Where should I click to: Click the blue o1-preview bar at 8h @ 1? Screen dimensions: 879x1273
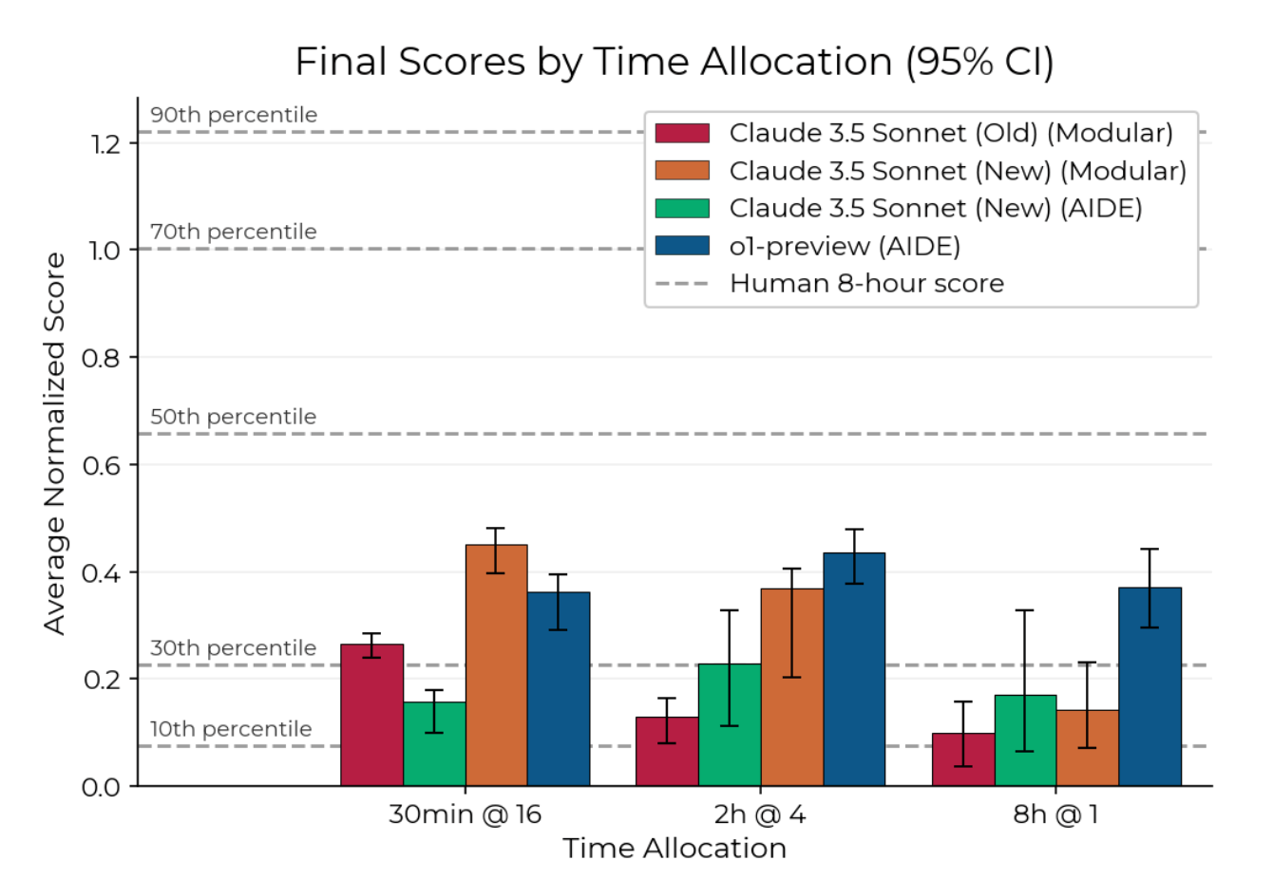click(x=1149, y=687)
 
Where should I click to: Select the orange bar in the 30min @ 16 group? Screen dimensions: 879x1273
click(x=496, y=665)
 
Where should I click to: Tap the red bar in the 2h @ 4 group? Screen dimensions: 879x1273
click(x=667, y=752)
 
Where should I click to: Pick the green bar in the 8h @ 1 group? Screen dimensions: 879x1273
click(x=1025, y=740)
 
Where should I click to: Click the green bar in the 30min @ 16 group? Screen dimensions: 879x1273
click(x=434, y=744)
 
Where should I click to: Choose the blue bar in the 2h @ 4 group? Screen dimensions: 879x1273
click(x=854, y=669)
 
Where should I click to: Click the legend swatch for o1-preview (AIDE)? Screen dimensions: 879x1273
click(x=682, y=246)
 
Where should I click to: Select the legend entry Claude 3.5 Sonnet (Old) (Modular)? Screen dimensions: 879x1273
click(x=950, y=133)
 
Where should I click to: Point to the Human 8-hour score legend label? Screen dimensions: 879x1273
click(x=866, y=284)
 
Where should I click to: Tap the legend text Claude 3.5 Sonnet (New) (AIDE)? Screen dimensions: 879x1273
click(x=935, y=208)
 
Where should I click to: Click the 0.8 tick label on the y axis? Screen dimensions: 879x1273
click(x=101, y=358)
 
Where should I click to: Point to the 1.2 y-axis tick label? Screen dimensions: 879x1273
click(x=101, y=143)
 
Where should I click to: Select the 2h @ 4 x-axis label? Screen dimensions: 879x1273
click(x=760, y=814)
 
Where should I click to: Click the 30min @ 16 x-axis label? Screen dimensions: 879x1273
click(x=465, y=814)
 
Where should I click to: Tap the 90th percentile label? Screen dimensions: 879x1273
click(x=234, y=115)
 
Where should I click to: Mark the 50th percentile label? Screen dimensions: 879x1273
click(x=233, y=417)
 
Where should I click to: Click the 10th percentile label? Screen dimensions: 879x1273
click(x=231, y=729)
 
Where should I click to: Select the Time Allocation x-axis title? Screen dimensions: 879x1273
click(x=674, y=849)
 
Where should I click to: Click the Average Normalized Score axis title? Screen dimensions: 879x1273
click(x=55, y=443)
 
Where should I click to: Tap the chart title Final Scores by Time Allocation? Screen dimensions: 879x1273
click(x=674, y=62)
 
